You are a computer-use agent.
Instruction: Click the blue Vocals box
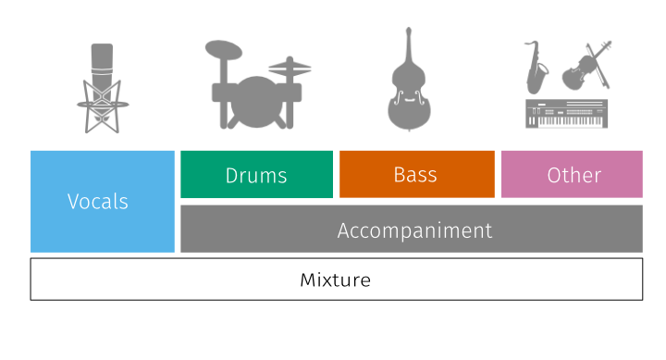[x=103, y=202]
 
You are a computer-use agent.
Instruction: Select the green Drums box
[x=256, y=174]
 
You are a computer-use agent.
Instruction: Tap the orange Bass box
[x=417, y=174]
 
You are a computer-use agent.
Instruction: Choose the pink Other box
[x=572, y=174]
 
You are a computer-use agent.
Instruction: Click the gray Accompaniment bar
[x=412, y=230]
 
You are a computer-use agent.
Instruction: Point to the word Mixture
[x=336, y=280]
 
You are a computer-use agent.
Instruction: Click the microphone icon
[x=103, y=89]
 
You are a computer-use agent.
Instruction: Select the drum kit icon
[x=258, y=84]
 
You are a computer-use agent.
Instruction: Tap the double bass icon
[x=409, y=79]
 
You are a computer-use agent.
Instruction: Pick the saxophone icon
[x=536, y=68]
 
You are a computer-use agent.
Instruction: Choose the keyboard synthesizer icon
[x=567, y=114]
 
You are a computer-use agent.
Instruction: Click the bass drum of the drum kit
[x=256, y=102]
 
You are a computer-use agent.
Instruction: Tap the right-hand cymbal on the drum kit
[x=290, y=68]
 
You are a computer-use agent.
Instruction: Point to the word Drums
[x=256, y=176]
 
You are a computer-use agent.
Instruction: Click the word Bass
[x=415, y=175]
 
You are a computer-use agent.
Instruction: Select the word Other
[x=574, y=175]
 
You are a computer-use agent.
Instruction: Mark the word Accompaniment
[x=414, y=230]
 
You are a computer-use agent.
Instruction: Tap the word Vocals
[x=98, y=202]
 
